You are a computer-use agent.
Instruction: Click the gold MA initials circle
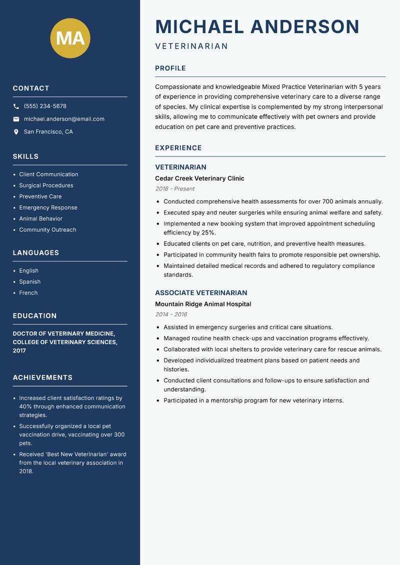(70, 38)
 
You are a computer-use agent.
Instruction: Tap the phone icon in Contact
(16, 106)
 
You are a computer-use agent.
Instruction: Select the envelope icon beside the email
(16, 119)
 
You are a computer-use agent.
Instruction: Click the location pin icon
(16, 132)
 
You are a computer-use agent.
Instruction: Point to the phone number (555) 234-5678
(45, 106)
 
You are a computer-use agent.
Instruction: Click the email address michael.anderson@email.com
(64, 119)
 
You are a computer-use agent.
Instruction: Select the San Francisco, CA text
(48, 132)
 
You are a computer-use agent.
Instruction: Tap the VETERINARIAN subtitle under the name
(191, 46)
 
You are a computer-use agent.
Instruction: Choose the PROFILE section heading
(170, 68)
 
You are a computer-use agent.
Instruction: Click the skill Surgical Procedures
(46, 185)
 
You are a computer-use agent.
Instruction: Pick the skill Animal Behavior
(40, 218)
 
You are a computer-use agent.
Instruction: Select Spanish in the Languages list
(29, 282)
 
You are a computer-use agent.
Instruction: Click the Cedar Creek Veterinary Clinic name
(199, 178)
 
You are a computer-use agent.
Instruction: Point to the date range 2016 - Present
(174, 189)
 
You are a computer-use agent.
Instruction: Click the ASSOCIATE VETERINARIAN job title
(201, 293)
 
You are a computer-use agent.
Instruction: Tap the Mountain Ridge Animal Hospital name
(203, 304)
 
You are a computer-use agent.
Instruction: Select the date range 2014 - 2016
(171, 314)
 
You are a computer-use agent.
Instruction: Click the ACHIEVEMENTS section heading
(42, 377)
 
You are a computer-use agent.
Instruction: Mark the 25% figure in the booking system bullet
(208, 233)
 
